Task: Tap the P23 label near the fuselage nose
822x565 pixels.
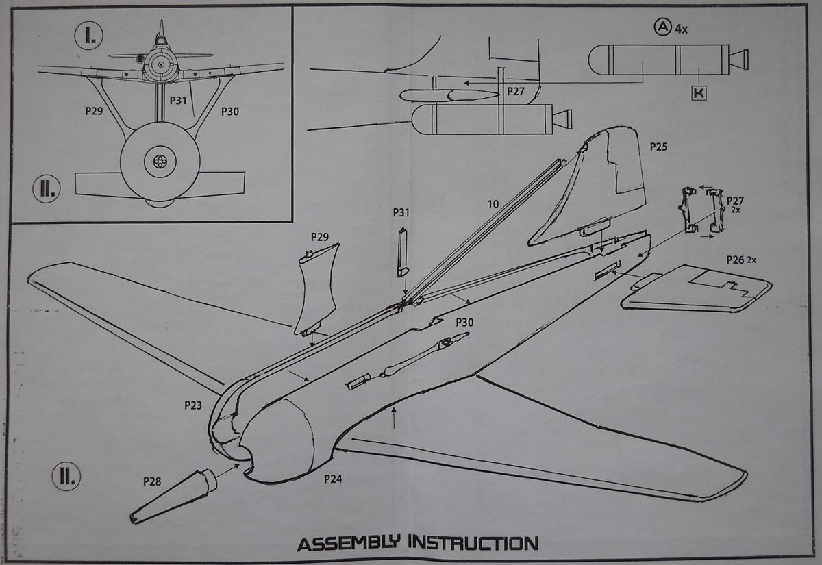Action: (x=193, y=405)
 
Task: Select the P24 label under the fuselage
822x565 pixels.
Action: (x=332, y=479)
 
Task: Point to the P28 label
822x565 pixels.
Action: (x=152, y=481)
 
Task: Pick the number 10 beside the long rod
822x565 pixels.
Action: (x=493, y=203)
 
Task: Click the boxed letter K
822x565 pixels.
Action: (x=698, y=94)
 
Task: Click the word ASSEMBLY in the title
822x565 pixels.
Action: (x=349, y=544)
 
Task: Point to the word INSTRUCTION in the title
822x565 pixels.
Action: (x=473, y=544)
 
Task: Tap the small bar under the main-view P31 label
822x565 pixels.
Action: (x=402, y=253)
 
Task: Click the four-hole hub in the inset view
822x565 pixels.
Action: (x=160, y=162)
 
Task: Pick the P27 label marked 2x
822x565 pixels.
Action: (x=735, y=200)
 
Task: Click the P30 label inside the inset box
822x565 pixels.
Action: (x=229, y=111)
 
